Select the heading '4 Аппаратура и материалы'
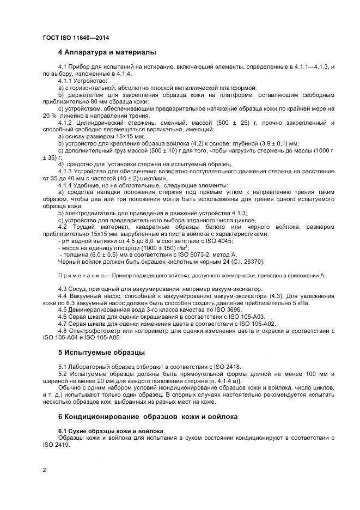tap(107, 52)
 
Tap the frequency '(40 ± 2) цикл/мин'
tap(142, 178)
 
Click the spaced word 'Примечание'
tap(80, 276)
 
